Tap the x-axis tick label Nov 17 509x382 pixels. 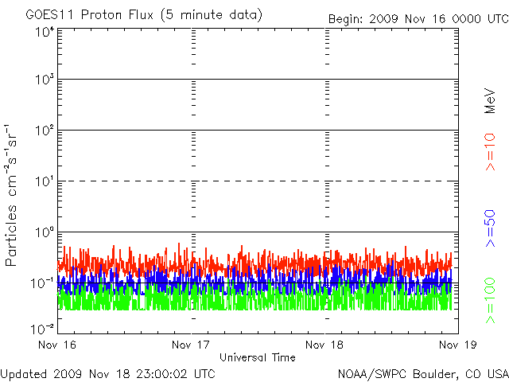pyautogui.click(x=192, y=345)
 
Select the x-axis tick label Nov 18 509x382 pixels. pyautogui.click(x=324, y=345)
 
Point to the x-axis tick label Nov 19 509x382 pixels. pyautogui.click(x=457, y=345)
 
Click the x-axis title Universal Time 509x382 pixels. pyautogui.click(x=258, y=357)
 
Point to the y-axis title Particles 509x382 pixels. pyautogui.click(x=13, y=231)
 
